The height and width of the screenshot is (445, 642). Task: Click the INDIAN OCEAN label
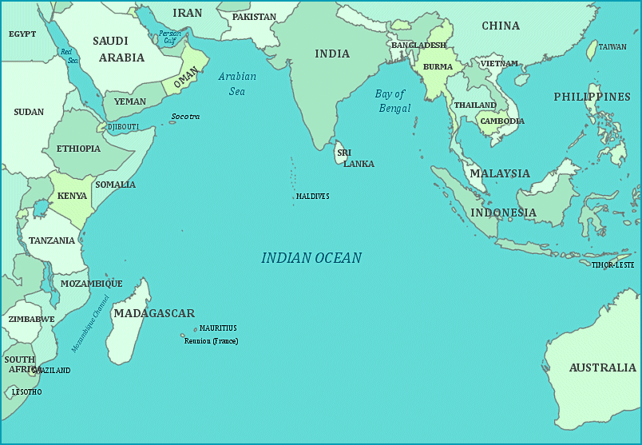[x=311, y=258]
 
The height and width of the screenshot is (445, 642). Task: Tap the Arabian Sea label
[x=237, y=84]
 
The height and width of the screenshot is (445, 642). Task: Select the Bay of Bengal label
[x=393, y=101]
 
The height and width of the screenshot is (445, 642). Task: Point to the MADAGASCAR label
[x=154, y=313]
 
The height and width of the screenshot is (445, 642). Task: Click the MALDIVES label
[x=312, y=196]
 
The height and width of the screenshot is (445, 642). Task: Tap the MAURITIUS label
[x=218, y=328]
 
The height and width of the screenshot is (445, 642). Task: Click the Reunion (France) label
[x=211, y=341]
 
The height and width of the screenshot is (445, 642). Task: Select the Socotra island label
[x=185, y=117]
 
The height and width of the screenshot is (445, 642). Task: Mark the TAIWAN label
[x=612, y=47]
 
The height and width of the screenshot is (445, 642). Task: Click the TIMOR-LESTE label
[x=612, y=264]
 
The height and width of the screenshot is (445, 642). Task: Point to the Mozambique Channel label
[x=90, y=324]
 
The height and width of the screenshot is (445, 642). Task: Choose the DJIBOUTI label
[x=123, y=127]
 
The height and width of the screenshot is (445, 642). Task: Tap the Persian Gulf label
[x=169, y=37]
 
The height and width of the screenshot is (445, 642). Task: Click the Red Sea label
[x=69, y=56]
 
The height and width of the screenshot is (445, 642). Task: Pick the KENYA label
[x=73, y=197]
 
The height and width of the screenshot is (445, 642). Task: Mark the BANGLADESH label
[x=418, y=46]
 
